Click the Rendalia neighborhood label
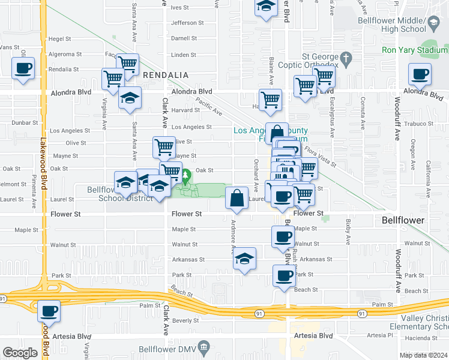(x=166, y=75)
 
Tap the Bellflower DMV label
(x=172, y=348)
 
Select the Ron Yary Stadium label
(x=415, y=49)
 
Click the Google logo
(x=20, y=353)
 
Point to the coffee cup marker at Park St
(x=285, y=276)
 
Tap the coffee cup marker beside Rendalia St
(x=23, y=69)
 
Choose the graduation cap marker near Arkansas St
(x=244, y=259)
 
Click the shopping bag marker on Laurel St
(x=237, y=198)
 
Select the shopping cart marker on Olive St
(x=164, y=147)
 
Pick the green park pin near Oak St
(x=186, y=177)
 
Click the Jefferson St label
(x=187, y=23)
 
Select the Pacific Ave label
(x=209, y=108)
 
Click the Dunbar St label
(x=25, y=122)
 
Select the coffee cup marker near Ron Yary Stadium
(x=420, y=75)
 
